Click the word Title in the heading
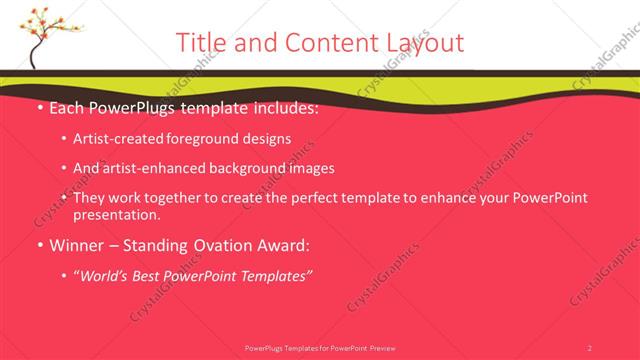(200, 42)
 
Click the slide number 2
(590, 348)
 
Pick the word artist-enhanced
(150, 168)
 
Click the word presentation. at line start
(116, 214)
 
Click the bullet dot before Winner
(38, 245)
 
